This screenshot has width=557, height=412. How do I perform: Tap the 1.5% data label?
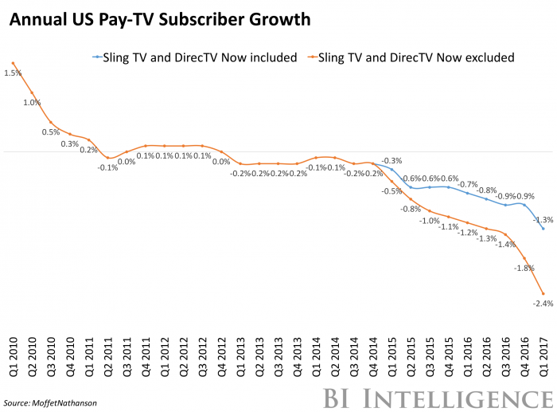click(13, 73)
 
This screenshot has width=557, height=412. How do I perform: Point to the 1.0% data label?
click(32, 102)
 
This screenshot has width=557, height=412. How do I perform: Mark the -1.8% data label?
click(524, 269)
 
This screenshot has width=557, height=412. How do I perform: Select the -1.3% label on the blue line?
click(543, 219)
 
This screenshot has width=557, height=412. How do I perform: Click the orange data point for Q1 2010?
click(13, 64)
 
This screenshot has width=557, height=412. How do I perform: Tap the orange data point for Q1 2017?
click(543, 293)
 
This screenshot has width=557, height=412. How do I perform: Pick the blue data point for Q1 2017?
click(543, 229)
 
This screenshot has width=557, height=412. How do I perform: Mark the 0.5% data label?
click(51, 132)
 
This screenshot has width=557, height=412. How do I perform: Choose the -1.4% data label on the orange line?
click(504, 245)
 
